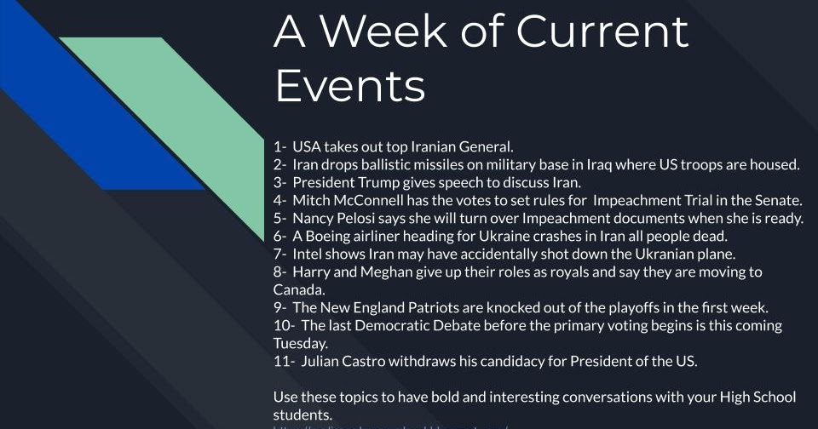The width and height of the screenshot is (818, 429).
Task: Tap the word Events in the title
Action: [350, 86]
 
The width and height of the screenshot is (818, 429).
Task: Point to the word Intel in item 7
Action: [307, 254]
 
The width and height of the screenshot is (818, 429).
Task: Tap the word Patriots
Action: [438, 307]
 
